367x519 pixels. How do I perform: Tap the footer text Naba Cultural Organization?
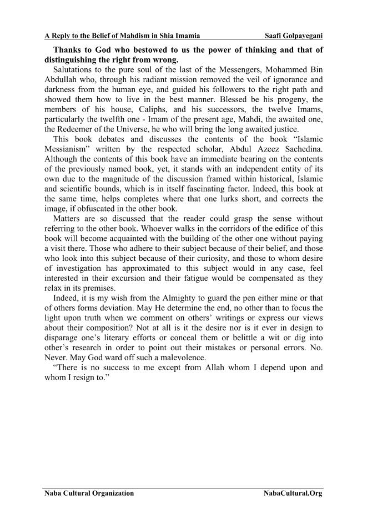(89, 493)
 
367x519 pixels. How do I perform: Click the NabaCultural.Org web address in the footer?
(293, 493)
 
